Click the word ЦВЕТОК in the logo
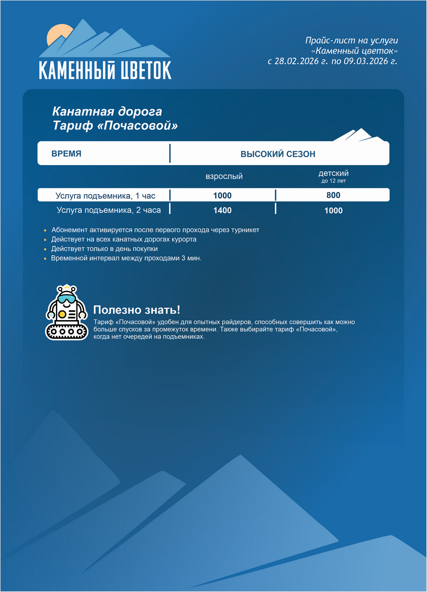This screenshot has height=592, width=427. [x=144, y=70]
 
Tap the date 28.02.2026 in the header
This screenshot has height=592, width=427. [x=296, y=61]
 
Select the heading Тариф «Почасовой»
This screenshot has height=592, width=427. [x=115, y=126]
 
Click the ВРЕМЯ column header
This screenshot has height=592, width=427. [x=66, y=154]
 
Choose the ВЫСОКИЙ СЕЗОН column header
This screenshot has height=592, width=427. [x=278, y=154]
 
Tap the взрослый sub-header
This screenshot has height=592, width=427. [x=224, y=176]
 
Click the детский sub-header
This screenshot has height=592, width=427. [x=333, y=173]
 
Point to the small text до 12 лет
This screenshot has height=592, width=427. [x=333, y=181]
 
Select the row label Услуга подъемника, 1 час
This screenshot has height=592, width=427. [x=105, y=196]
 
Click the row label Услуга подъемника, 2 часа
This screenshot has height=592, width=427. [x=109, y=210]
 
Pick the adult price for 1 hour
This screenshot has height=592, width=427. [x=222, y=196]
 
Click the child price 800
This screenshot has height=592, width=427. [x=333, y=195]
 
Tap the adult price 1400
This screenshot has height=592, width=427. [x=222, y=211]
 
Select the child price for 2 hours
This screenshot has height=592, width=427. [x=333, y=211]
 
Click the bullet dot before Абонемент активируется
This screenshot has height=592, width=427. [x=45, y=231]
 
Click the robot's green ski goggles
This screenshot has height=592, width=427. [x=66, y=298]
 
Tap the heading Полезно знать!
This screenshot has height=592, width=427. [x=137, y=310]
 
